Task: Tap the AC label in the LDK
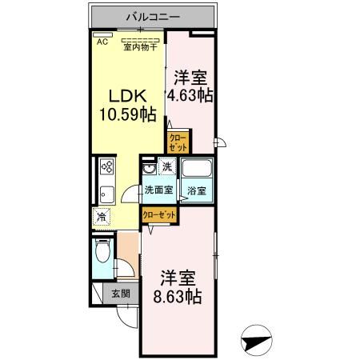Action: pyautogui.click(x=102, y=42)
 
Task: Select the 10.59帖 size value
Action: pyautogui.click(x=126, y=114)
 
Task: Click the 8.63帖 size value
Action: pyautogui.click(x=177, y=297)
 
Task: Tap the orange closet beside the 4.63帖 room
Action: pyautogui.click(x=178, y=143)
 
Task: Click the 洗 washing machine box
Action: pyautogui.click(x=166, y=167)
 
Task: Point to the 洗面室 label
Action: pyautogui.click(x=158, y=190)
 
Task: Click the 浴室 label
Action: pyautogui.click(x=197, y=190)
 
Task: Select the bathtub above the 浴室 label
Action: pyautogui.click(x=197, y=170)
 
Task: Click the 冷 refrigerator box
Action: pyautogui.click(x=102, y=216)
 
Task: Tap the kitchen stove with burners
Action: pyautogui.click(x=107, y=167)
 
